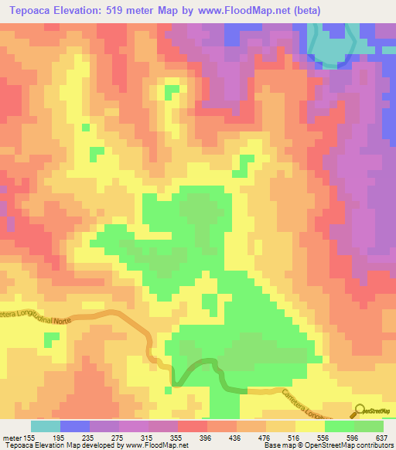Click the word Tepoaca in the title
tap(29, 9)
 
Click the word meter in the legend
tap(12, 438)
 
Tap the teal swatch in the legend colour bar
tap(46, 426)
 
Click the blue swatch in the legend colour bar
tap(75, 426)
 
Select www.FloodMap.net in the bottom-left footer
tap(153, 446)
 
